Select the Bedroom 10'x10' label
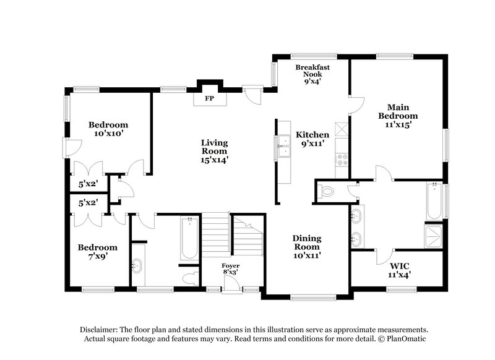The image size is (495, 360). (x=107, y=128)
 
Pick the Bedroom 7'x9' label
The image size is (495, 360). (x=97, y=251)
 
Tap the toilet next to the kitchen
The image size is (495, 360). (x=326, y=192)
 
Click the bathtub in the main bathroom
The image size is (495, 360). (x=434, y=200)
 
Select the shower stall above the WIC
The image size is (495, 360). (x=434, y=234)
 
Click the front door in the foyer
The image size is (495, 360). (x=232, y=284)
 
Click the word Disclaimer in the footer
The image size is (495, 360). (x=100, y=330)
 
